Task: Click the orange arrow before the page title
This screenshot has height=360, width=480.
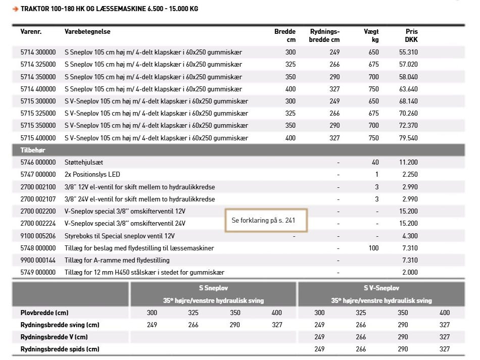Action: click(x=15, y=9)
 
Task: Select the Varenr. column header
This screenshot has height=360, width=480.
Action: click(x=30, y=32)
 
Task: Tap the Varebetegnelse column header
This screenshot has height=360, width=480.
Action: click(x=87, y=32)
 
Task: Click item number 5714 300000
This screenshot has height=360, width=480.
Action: click(x=38, y=52)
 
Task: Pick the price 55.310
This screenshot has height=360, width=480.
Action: click(x=408, y=52)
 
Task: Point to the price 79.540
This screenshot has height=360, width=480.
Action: click(x=408, y=138)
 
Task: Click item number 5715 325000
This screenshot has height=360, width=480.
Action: click(x=38, y=114)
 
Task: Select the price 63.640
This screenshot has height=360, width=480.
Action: click(x=408, y=89)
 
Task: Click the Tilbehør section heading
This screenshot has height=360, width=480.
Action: click(x=33, y=150)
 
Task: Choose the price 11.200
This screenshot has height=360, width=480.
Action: click(x=408, y=163)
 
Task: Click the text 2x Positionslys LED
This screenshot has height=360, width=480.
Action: click(x=92, y=175)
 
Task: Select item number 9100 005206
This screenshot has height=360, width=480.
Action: click(x=38, y=236)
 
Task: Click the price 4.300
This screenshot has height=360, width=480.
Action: click(x=410, y=236)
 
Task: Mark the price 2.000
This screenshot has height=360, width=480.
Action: click(x=410, y=273)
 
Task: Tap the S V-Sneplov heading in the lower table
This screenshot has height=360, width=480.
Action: click(x=381, y=288)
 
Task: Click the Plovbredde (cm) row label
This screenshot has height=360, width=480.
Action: click(x=44, y=313)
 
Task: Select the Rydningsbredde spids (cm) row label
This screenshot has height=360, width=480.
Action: click(x=60, y=349)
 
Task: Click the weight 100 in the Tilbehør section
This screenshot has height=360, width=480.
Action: click(x=373, y=248)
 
